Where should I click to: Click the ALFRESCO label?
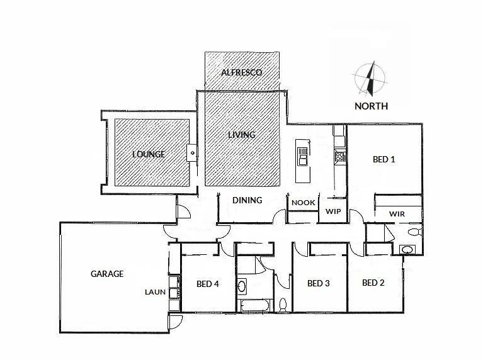tap(241, 72)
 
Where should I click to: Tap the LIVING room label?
tap(241, 135)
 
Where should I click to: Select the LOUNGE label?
tap(148, 154)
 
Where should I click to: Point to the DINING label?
tap(247, 201)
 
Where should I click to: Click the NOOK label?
tap(304, 203)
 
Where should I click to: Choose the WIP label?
tap(332, 211)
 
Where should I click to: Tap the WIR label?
tap(397, 214)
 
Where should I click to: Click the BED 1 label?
tap(384, 159)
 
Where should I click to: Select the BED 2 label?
tap(373, 283)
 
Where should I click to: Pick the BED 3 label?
tap(318, 283)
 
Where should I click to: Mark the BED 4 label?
tap(207, 284)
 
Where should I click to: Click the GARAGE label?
tap(107, 274)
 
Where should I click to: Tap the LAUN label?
tap(154, 292)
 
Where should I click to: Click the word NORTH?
tap(371, 106)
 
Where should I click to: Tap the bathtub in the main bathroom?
tap(256, 307)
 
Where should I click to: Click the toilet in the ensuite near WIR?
tap(413, 233)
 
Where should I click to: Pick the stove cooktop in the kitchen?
tap(341, 156)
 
